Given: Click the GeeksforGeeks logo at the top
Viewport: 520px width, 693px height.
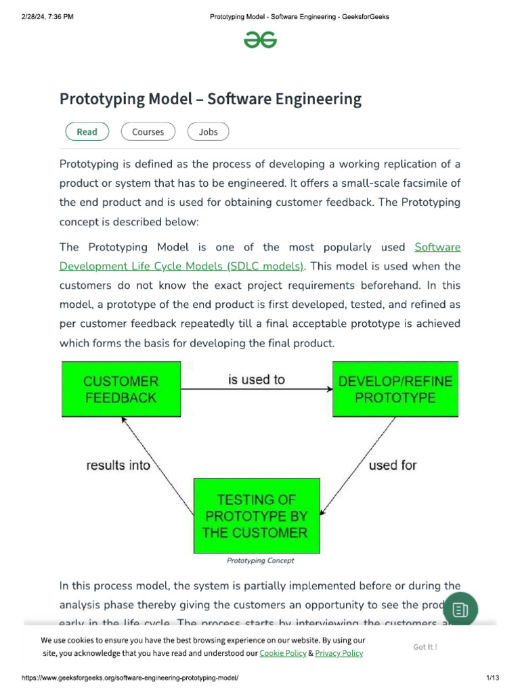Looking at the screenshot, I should (260, 41).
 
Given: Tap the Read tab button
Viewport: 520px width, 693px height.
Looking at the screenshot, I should (87, 132).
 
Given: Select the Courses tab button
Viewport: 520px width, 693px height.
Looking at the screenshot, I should (148, 132).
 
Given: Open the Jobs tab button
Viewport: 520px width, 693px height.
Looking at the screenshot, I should (208, 132).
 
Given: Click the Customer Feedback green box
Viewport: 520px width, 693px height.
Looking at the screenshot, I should (121, 389).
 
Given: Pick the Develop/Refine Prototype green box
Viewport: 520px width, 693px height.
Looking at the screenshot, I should (395, 389).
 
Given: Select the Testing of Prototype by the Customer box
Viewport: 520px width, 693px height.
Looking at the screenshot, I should (256, 516).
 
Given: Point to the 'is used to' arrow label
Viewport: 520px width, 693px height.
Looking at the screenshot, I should (257, 380).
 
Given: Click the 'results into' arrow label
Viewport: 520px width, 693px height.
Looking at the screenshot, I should (118, 466).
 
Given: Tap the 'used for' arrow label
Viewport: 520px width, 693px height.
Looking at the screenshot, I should (393, 466).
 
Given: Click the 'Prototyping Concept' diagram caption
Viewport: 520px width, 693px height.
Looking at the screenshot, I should (261, 560).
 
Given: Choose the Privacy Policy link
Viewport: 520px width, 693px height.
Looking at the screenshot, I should (339, 653).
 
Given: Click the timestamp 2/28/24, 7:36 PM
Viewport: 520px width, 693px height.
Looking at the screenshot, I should (47, 17).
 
